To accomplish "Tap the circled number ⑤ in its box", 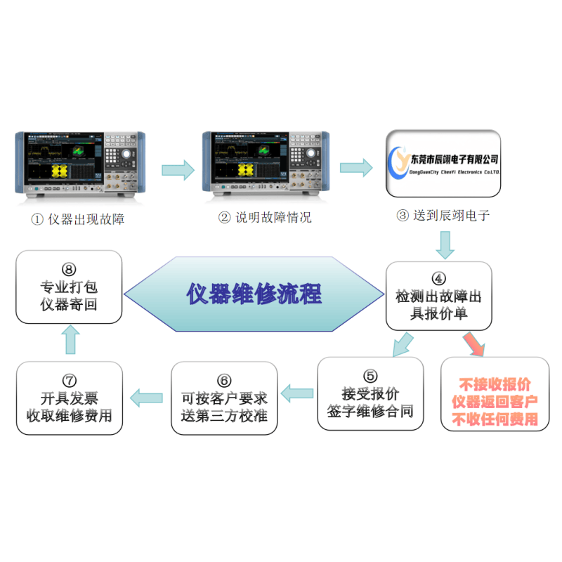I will [370, 375].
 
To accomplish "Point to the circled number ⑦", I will [69, 380].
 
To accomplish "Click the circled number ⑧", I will [69, 268].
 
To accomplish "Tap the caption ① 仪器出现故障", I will [77, 219].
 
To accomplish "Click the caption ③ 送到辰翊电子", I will [443, 216].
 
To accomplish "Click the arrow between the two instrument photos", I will [177, 169].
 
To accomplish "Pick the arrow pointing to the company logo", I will [356, 167].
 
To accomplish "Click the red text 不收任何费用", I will [495, 419].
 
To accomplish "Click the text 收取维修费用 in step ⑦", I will [69, 414].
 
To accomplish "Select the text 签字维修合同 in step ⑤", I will [370, 411].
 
